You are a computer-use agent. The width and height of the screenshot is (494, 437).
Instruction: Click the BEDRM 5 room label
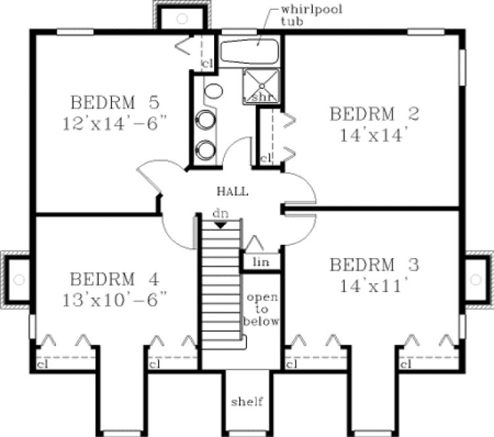[x=115, y=103]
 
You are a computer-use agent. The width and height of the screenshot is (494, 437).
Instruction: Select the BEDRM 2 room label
[x=374, y=113]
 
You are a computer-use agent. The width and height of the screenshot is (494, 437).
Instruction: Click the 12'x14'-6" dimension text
[x=116, y=123]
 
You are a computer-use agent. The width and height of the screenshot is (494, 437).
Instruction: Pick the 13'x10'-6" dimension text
[x=116, y=297]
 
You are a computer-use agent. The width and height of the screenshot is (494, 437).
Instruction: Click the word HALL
[x=233, y=192]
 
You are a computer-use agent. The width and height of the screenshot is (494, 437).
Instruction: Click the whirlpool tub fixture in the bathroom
[x=250, y=51]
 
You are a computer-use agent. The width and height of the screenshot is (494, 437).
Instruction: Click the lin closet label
[x=261, y=261]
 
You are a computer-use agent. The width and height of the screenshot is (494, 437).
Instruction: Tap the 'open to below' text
[x=262, y=309]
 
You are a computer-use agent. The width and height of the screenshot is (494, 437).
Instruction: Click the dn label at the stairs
[x=221, y=214]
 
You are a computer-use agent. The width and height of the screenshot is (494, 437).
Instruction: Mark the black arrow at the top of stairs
[x=221, y=224]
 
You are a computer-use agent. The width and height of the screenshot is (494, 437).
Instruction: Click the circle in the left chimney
[x=19, y=280]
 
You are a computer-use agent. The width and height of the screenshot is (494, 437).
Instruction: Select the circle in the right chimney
[x=476, y=280]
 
